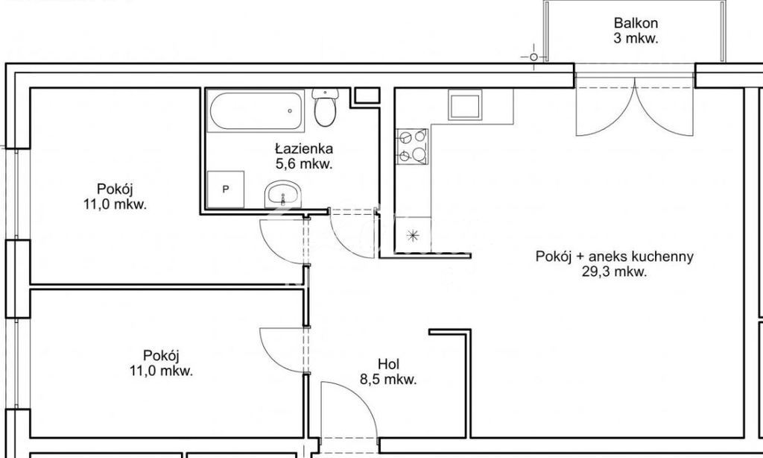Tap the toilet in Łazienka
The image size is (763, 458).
[325, 108]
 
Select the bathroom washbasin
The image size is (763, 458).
[283, 195]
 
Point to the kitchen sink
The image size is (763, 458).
[466, 104]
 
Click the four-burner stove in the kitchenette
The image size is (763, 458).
[412, 145]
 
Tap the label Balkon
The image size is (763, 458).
[636, 23]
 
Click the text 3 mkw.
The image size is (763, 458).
[636, 39]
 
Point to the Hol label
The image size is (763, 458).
[388, 364]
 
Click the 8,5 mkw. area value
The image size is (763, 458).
[388, 380]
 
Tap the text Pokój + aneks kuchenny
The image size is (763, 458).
[615, 257]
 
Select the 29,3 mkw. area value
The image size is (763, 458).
[615, 272]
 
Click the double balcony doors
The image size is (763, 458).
[634, 108]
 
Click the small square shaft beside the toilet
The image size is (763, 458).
[365, 95]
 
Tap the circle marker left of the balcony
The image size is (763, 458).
[533, 57]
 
